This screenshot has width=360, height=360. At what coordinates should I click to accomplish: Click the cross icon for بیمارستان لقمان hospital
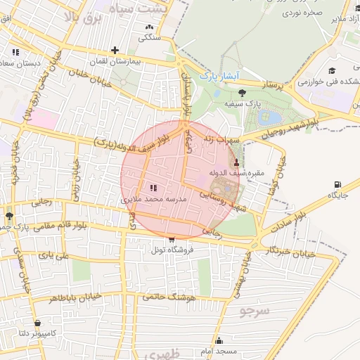tap(115, 50)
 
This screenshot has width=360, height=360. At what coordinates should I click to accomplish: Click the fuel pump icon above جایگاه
tap(337, 185)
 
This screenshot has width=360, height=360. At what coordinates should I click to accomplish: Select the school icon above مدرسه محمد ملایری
tap(154, 188)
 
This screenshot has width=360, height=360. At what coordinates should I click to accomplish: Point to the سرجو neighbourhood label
tap(253, 309)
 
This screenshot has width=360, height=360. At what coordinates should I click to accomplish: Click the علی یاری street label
tap(54, 256)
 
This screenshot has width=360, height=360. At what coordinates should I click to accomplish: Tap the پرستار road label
tap(275, 85)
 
